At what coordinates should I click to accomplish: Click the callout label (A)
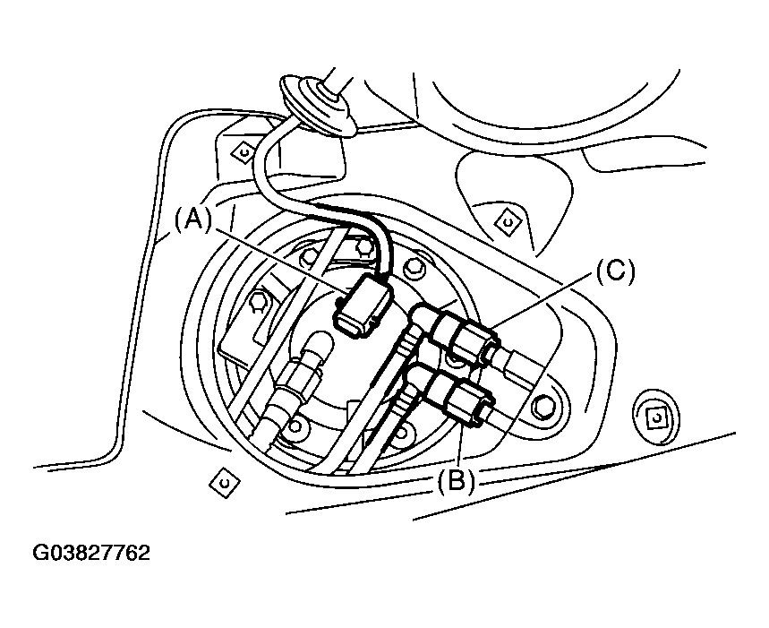(193, 219)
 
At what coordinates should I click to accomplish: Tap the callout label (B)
(456, 481)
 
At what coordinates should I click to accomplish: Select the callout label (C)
(614, 271)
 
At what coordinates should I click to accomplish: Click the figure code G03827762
(91, 552)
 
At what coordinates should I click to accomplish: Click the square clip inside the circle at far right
(655, 415)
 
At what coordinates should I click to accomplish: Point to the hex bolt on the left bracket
(257, 302)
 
